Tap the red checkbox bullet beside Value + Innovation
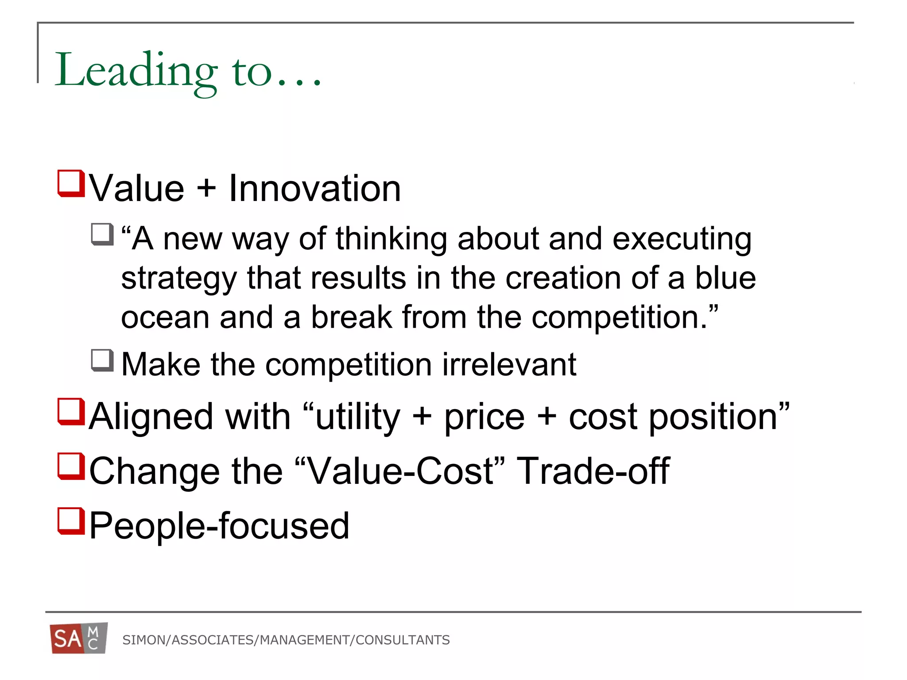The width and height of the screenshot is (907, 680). (71, 183)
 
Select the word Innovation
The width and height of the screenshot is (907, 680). (314, 189)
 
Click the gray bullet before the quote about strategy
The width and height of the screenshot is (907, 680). (102, 234)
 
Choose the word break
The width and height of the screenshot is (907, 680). (351, 317)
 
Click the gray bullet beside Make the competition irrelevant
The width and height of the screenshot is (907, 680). (102, 360)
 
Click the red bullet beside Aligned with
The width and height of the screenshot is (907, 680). (71, 412)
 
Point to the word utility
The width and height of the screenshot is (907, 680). (358, 417)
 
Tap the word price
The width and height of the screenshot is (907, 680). (485, 417)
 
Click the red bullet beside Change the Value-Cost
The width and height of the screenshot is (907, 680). (71, 466)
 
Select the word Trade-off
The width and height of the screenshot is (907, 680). (593, 471)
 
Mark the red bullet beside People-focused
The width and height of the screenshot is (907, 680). (71, 521)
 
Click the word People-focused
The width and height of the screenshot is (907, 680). (219, 526)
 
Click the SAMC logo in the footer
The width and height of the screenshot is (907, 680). (78, 638)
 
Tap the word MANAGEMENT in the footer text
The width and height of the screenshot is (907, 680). (305, 640)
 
